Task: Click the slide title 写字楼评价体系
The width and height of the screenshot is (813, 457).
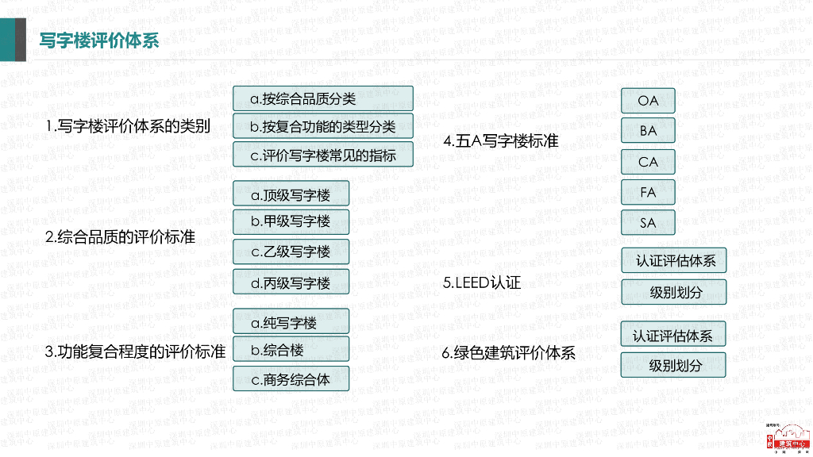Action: [x=99, y=40]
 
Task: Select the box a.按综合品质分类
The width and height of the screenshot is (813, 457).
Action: [x=322, y=98]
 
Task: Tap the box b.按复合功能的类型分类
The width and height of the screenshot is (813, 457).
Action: [x=322, y=126]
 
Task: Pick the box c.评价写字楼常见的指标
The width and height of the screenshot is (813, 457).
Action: [x=322, y=155]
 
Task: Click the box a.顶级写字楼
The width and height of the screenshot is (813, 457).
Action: [x=291, y=194]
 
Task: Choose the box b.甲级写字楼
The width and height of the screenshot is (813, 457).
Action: [x=291, y=221]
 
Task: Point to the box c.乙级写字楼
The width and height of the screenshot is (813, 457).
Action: [x=291, y=252]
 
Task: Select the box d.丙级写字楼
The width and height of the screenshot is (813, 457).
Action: [x=291, y=282]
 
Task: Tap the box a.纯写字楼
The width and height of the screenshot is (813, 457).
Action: [x=291, y=322]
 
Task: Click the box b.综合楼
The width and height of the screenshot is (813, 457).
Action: [x=291, y=350]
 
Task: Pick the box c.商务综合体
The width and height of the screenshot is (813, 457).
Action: [x=291, y=379]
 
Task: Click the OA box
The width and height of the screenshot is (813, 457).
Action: [x=648, y=101]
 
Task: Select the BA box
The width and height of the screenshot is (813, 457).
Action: [x=648, y=131]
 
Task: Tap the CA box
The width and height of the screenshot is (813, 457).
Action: [x=648, y=162]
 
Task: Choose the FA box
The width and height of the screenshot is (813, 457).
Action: [x=648, y=192]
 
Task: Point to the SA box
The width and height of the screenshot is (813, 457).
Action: [x=648, y=223]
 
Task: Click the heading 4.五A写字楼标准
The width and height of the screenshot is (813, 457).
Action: [x=501, y=141]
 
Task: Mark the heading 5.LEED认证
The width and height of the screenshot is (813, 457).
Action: [x=482, y=282]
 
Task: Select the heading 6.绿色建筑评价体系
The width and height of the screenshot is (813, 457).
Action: [x=509, y=353]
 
